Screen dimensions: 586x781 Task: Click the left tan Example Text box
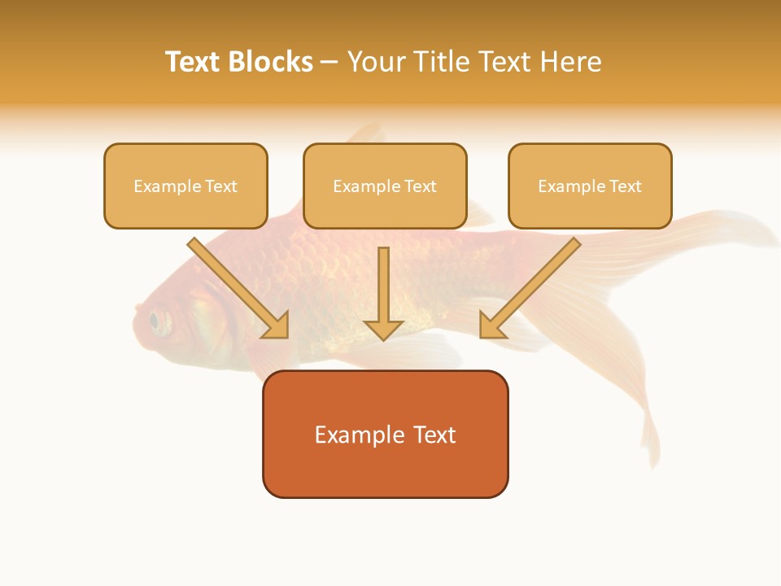click(x=185, y=186)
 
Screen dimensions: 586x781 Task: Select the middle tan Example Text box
click(x=385, y=186)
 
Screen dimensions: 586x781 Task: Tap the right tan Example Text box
click(x=590, y=186)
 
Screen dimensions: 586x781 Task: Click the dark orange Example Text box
click(x=385, y=434)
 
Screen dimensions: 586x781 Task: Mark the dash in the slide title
click(x=329, y=62)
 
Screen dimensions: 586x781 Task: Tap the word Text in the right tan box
click(x=625, y=186)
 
